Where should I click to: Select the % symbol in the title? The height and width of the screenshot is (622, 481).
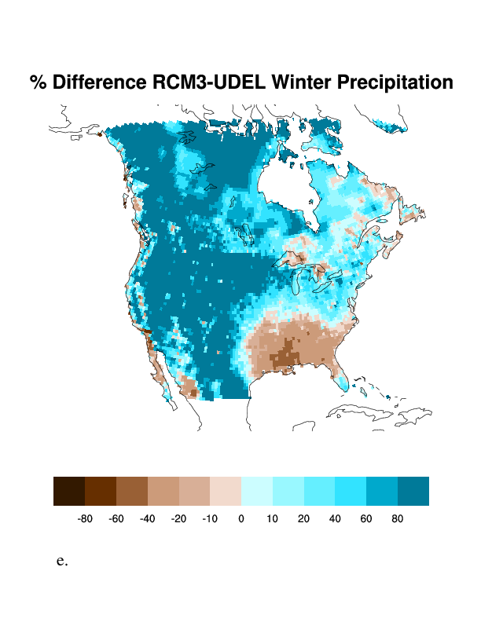pyautogui.click(x=38, y=82)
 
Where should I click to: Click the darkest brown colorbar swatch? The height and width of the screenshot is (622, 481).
pyautogui.click(x=69, y=491)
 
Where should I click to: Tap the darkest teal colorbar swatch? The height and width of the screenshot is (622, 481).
pyautogui.click(x=413, y=491)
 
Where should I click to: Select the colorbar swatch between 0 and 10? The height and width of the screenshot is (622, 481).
pyautogui.click(x=257, y=491)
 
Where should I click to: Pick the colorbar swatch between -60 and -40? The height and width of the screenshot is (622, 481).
pyautogui.click(x=132, y=491)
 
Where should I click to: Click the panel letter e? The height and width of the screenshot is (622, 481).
pyautogui.click(x=62, y=562)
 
